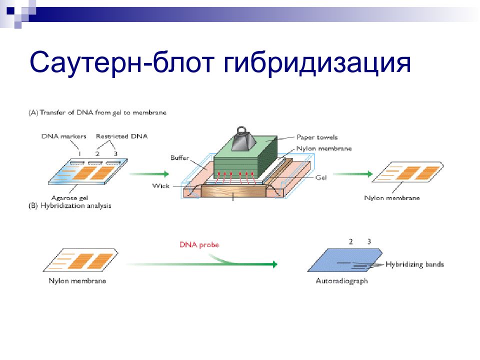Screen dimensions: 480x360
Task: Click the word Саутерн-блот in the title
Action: [121, 62]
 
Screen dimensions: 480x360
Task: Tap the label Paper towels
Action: [317, 137]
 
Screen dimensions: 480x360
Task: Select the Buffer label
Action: [179, 157]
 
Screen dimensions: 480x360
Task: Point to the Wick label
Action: [160, 186]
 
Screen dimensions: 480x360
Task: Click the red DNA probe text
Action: [199, 244]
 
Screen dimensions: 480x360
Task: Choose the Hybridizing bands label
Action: [414, 264]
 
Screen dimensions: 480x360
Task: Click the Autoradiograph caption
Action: [341, 280]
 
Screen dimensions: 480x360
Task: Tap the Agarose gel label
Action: [70, 198]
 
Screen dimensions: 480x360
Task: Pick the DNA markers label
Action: [64, 136]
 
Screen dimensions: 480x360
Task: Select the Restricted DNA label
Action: [122, 136]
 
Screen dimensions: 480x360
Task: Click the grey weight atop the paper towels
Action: [243, 139]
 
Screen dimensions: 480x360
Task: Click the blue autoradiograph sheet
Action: [345, 260]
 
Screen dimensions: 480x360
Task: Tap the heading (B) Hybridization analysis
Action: [70, 205]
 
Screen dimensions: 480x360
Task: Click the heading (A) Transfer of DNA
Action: [97, 112]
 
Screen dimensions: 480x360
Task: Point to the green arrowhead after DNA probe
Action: [274, 264]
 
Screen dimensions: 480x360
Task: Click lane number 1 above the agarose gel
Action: [79, 153]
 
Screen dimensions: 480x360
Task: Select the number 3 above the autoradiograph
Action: [369, 241]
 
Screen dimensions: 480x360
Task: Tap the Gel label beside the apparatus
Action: [321, 177]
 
